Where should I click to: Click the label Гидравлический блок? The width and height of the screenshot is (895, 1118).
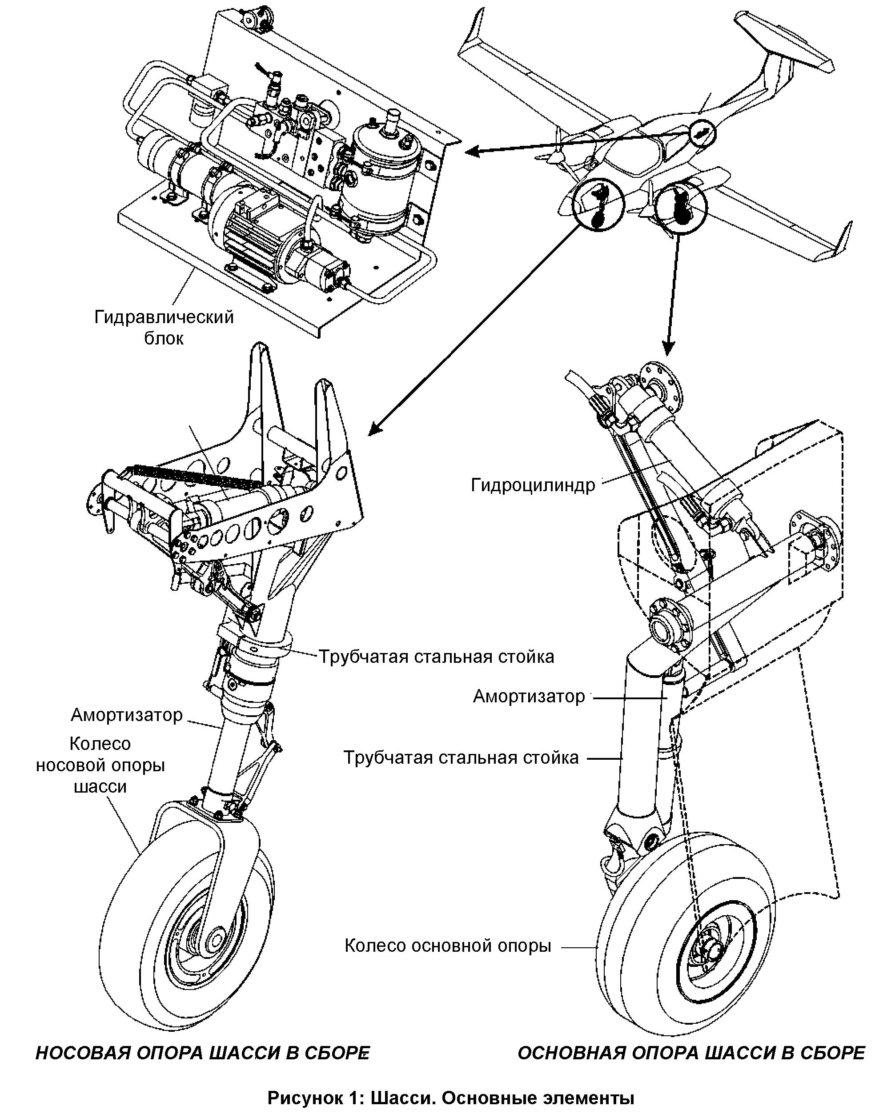(164, 327)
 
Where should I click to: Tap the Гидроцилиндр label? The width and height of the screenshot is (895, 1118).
(533, 485)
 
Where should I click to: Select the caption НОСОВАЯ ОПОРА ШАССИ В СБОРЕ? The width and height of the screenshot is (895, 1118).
(203, 1053)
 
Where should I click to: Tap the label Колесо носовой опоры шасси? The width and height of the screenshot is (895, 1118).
(100, 765)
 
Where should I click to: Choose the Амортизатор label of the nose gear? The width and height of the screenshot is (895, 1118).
(127, 715)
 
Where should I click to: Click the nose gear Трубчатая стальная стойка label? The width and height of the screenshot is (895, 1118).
(436, 657)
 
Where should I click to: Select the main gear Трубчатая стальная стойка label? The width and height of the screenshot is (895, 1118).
(461, 757)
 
